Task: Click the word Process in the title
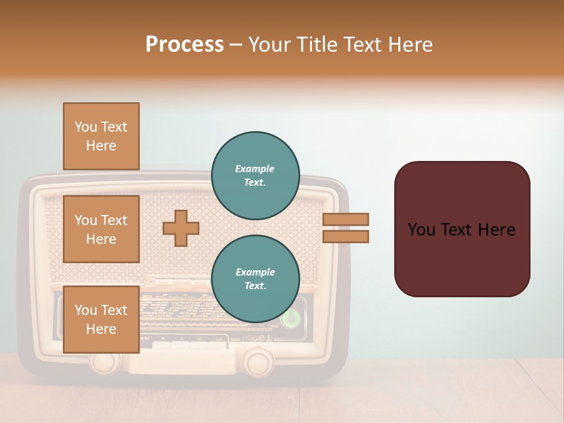point(184,45)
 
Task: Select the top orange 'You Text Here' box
point(101,136)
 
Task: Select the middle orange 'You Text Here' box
point(101,229)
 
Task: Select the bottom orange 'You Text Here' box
point(101,320)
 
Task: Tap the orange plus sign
point(181,228)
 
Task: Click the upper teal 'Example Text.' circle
point(256,175)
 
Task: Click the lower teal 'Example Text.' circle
point(256,278)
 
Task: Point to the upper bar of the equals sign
point(345,219)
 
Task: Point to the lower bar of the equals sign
point(345,236)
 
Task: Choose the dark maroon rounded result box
point(462,229)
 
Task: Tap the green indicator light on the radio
point(290,318)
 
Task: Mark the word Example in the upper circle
point(254,169)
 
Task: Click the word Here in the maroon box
point(497,230)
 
